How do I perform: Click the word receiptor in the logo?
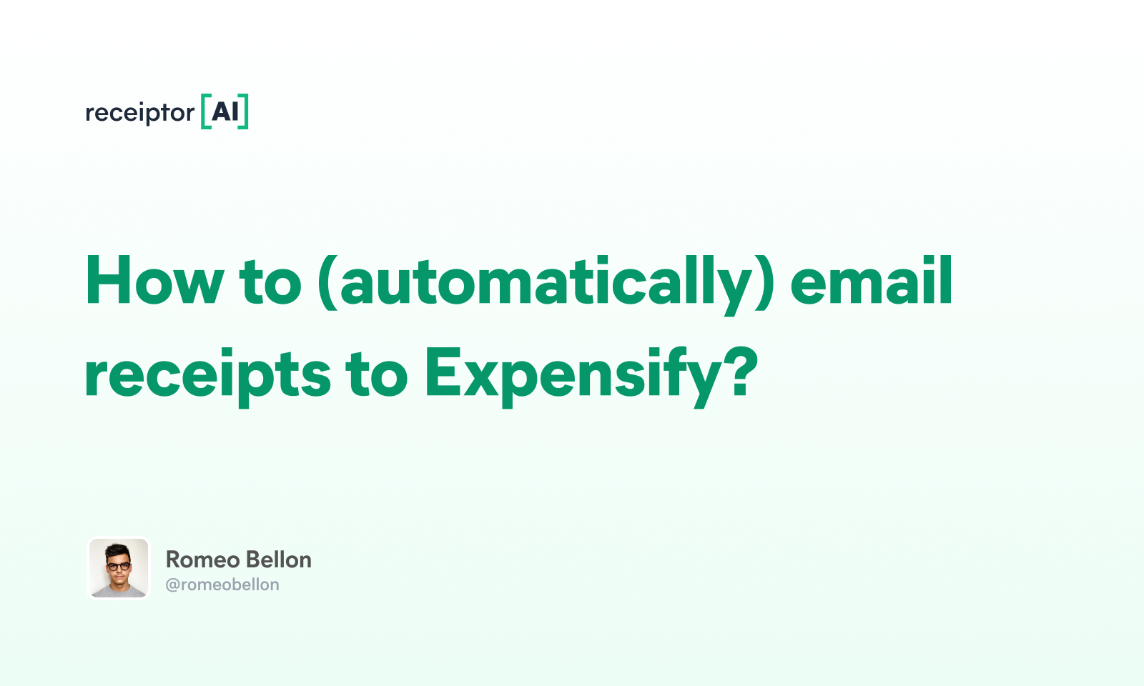click(139, 113)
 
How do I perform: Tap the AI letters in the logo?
click(225, 111)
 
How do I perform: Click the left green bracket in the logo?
click(205, 111)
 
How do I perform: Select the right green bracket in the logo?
click(244, 111)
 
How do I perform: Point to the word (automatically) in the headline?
click(546, 283)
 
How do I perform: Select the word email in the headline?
click(871, 282)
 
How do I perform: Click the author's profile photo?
click(119, 568)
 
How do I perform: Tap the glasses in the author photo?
click(119, 567)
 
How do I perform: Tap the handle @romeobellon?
click(222, 585)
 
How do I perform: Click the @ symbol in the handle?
click(172, 585)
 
